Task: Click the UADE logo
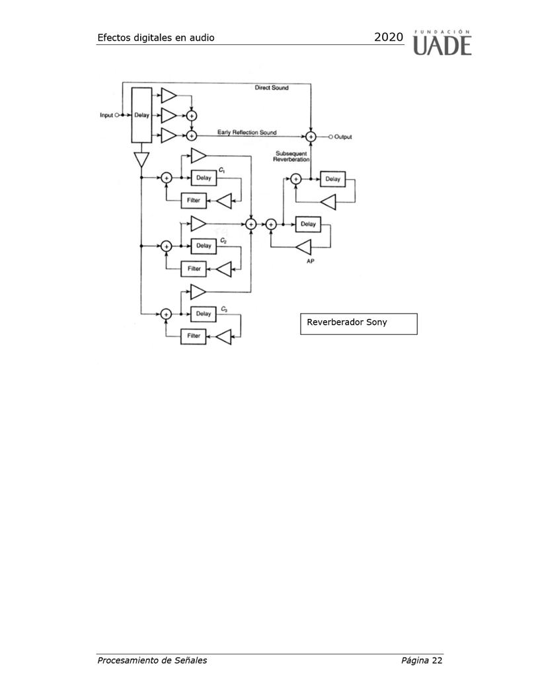[442, 42]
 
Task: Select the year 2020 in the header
[388, 38]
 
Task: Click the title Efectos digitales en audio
[155, 38]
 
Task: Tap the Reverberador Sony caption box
[358, 324]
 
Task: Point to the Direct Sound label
[272, 88]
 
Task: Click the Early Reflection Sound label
[247, 133]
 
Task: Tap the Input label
[106, 115]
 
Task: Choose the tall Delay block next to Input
[142, 115]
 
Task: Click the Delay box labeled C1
[204, 178]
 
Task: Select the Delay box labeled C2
[204, 246]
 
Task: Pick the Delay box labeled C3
[204, 314]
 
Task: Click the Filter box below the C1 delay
[194, 200]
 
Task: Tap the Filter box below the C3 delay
[194, 336]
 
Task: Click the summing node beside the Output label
[311, 137]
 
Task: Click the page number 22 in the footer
[437, 660]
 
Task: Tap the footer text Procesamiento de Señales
[152, 660]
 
